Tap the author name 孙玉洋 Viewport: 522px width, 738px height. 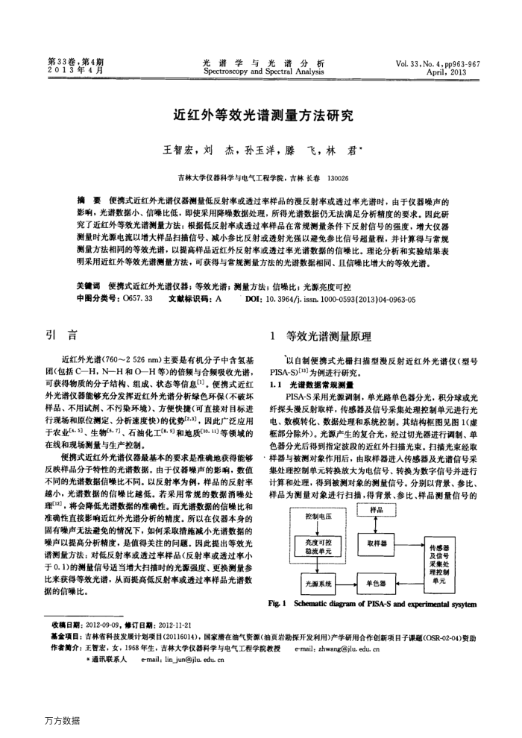pyautogui.click(x=257, y=150)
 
